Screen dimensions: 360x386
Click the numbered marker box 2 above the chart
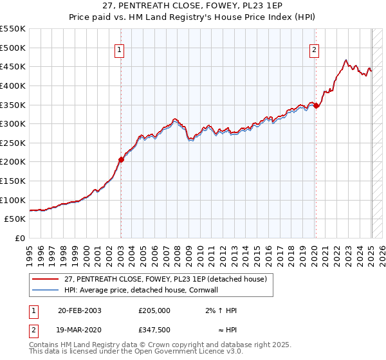tap(315, 50)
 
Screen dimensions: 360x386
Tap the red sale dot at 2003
tap(121, 160)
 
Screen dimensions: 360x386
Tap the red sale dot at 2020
tap(317, 106)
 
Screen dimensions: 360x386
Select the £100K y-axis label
tap(13, 200)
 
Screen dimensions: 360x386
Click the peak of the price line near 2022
tap(346, 60)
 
